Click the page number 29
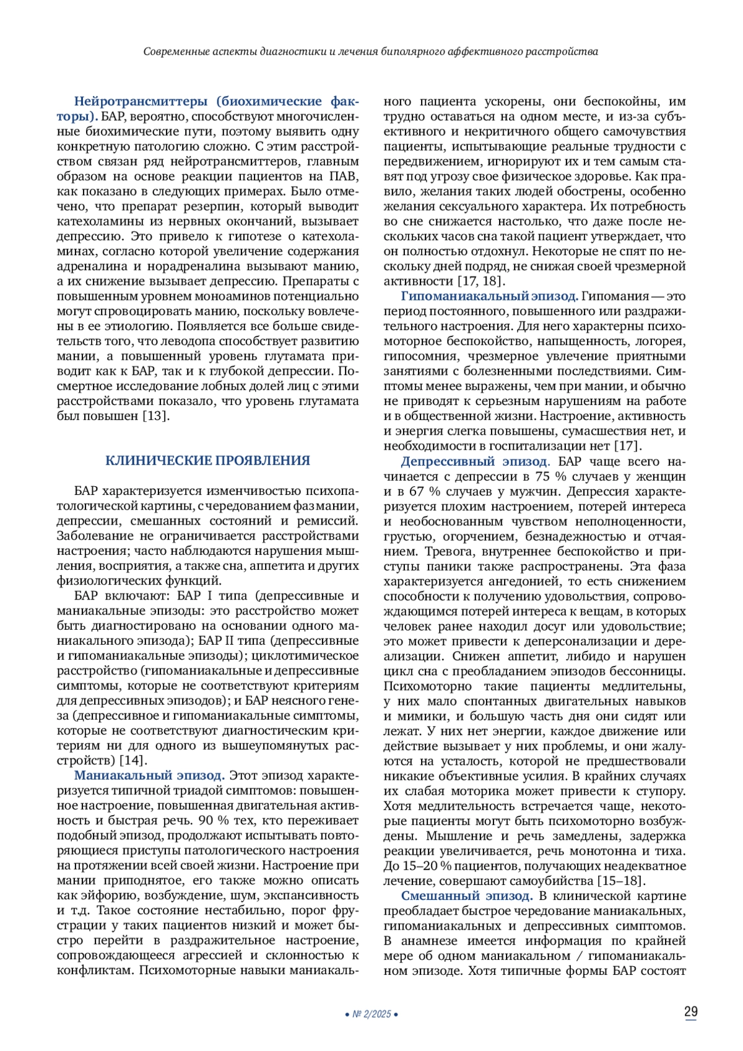tap(690, 1012)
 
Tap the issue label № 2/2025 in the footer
tap(371, 1014)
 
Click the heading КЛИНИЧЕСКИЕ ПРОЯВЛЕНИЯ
tap(207, 460)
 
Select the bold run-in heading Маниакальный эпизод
tap(149, 775)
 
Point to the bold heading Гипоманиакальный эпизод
tap(489, 296)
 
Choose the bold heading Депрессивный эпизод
tap(474, 461)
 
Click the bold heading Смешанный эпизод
tap(466, 896)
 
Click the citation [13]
tap(156, 416)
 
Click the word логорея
tap(659, 341)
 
